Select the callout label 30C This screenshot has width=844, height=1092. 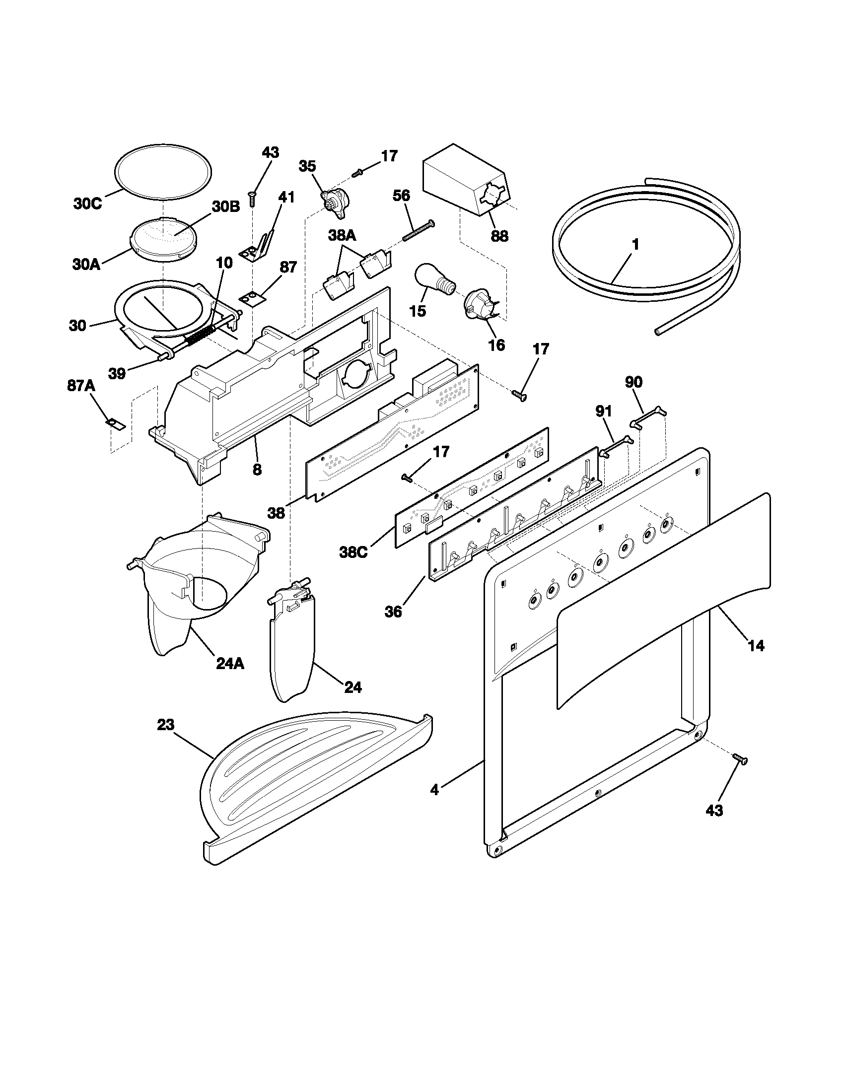pyautogui.click(x=87, y=205)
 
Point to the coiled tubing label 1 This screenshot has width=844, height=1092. pyautogui.click(x=635, y=245)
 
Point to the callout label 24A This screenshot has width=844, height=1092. pyautogui.click(x=230, y=664)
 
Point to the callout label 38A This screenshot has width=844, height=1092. pyautogui.click(x=343, y=234)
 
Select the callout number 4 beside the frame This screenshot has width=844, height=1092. pyautogui.click(x=434, y=790)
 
